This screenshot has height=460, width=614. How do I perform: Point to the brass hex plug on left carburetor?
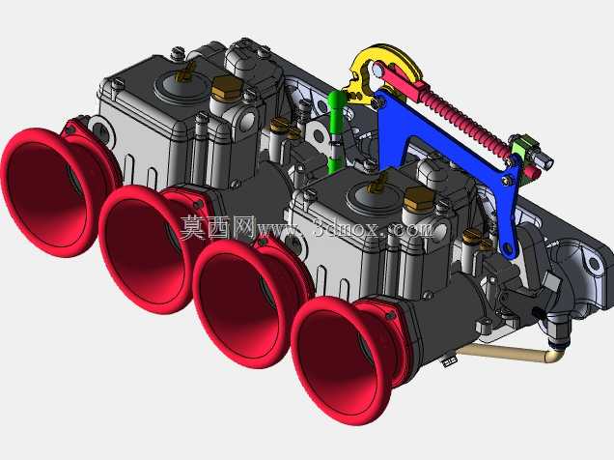(226, 87)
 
